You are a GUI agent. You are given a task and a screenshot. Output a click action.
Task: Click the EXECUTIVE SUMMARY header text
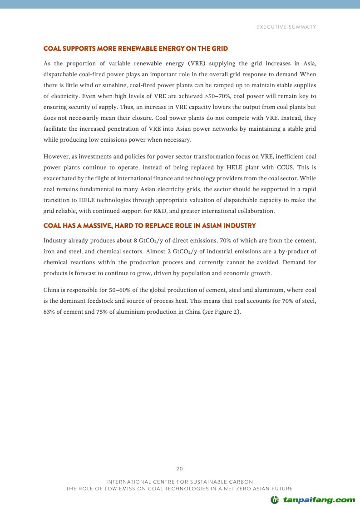pyautogui.click(x=286, y=27)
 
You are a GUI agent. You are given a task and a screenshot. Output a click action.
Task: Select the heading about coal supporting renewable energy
pyautogui.click(x=135, y=49)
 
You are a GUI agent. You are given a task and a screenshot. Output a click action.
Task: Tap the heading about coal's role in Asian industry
pyautogui.click(x=149, y=226)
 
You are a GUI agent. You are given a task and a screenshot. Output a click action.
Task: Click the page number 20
pyautogui.click(x=180, y=469)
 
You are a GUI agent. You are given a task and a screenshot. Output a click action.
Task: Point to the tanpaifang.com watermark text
pyautogui.click(x=319, y=500)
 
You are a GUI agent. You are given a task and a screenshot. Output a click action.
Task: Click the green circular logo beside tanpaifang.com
pyautogui.click(x=275, y=500)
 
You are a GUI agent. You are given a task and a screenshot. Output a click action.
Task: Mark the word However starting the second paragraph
pyautogui.click(x=56, y=157)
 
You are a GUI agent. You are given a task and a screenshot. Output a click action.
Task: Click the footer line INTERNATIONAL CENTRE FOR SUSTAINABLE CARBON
pyautogui.click(x=180, y=481)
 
